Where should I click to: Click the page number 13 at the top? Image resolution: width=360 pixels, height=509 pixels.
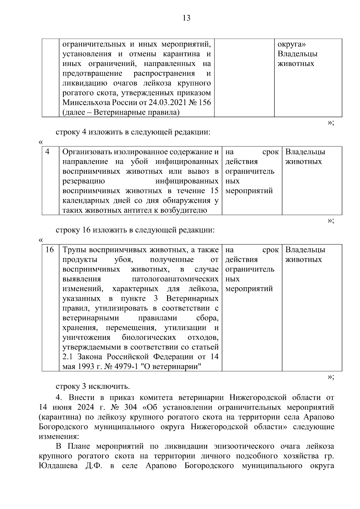pyautogui.click(x=186, y=19)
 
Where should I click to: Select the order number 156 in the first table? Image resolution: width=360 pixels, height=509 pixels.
pyautogui.click(x=204, y=103)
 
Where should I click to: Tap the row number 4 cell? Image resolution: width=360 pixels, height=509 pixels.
pyautogui.click(x=47, y=152)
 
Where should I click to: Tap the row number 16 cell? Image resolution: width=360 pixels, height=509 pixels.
pyautogui.click(x=49, y=250)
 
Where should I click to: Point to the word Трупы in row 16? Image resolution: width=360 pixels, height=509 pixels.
pyautogui.click(x=74, y=250)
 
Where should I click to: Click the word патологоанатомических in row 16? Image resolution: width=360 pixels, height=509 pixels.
pyautogui.click(x=175, y=279)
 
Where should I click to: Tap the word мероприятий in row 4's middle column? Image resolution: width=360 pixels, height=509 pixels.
pyautogui.click(x=249, y=191)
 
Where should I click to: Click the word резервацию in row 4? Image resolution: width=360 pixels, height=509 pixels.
pyautogui.click(x=84, y=181)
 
